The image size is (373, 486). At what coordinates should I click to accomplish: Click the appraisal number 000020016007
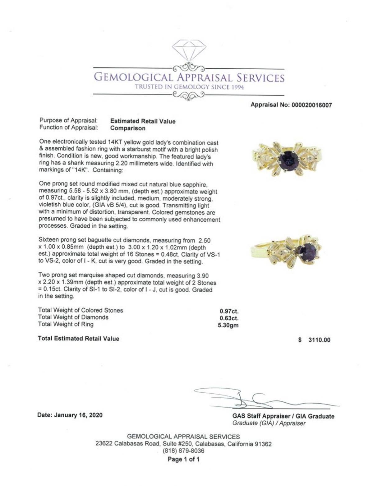click(x=311, y=105)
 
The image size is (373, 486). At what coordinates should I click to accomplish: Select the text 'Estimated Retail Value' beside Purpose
click(x=143, y=121)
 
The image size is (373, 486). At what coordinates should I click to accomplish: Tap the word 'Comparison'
click(x=128, y=128)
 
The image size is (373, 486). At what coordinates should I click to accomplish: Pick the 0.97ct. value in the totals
click(x=229, y=311)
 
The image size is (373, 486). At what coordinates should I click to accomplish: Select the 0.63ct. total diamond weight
click(x=229, y=318)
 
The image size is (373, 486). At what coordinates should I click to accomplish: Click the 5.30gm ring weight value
click(x=228, y=325)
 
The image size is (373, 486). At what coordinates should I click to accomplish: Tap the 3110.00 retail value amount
click(x=319, y=340)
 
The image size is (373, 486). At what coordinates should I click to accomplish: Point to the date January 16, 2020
click(x=70, y=415)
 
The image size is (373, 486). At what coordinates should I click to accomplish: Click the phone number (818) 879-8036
click(x=183, y=451)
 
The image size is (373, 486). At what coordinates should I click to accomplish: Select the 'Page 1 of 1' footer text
click(x=183, y=459)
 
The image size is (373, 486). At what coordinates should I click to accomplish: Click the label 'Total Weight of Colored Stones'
click(x=81, y=310)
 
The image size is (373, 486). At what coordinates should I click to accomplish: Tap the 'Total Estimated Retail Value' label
click(x=78, y=338)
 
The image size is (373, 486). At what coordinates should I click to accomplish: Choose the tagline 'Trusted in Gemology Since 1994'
click(x=189, y=87)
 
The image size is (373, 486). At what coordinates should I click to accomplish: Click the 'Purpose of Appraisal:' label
click(x=69, y=120)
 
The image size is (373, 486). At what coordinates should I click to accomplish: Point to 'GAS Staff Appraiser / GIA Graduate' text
click(x=283, y=416)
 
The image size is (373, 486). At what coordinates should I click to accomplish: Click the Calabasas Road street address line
click(x=183, y=444)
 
